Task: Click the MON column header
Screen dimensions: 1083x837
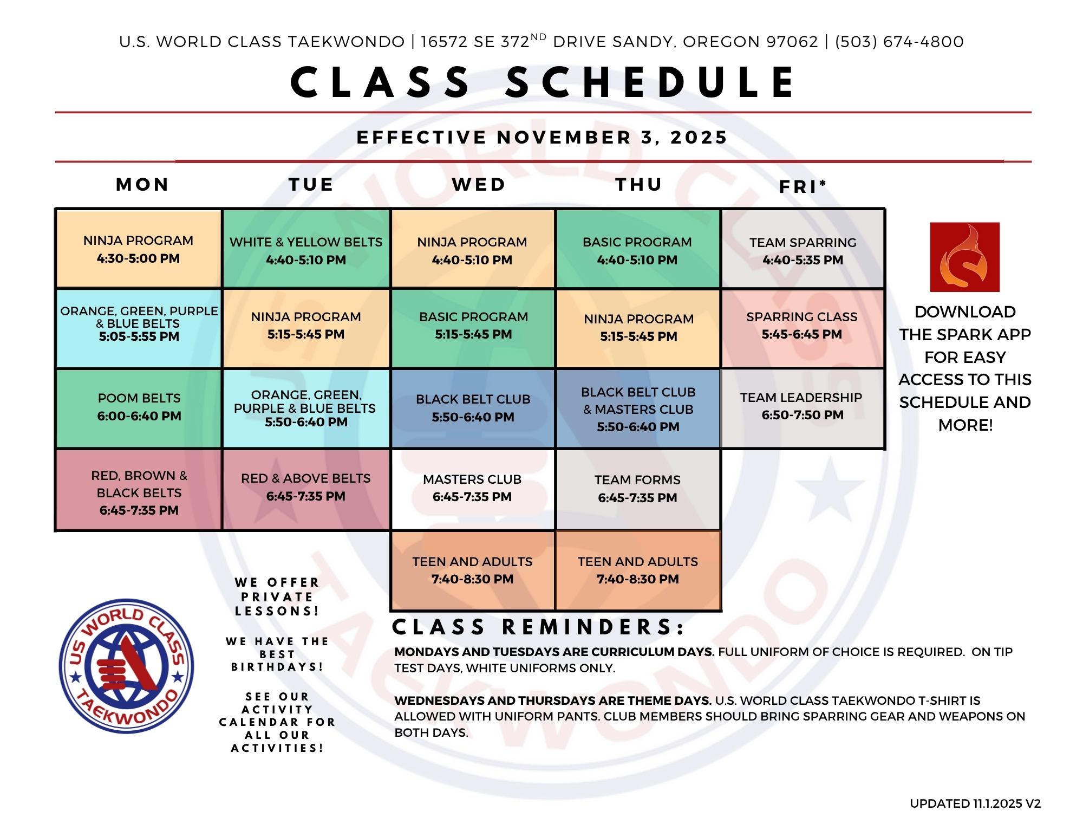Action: click(x=142, y=185)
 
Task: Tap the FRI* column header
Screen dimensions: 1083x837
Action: click(x=803, y=186)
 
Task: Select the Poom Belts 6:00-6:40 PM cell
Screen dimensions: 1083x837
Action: click(x=139, y=408)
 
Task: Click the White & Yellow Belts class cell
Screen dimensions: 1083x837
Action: click(x=306, y=249)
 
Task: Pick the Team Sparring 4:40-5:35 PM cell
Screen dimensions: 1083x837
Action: click(x=803, y=249)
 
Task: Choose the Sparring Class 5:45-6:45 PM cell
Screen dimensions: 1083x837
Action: click(x=802, y=328)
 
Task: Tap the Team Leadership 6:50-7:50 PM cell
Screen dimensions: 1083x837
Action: click(x=802, y=408)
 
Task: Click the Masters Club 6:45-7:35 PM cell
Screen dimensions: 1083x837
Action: click(x=472, y=489)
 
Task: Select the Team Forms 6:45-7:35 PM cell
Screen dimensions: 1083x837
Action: click(x=637, y=489)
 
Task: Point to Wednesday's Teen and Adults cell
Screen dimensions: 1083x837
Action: click(x=472, y=570)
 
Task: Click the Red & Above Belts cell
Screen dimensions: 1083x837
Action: click(x=306, y=489)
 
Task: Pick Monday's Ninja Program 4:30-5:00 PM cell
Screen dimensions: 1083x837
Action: click(x=139, y=249)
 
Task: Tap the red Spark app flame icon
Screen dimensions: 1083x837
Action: click(x=965, y=257)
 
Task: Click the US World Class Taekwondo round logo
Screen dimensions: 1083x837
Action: click(x=126, y=666)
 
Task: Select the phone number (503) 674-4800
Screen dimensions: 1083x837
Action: click(x=899, y=42)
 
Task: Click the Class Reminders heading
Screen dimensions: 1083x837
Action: click(x=538, y=627)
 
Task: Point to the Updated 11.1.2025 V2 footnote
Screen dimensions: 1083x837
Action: click(x=975, y=803)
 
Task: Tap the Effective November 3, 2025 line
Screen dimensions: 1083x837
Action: click(x=542, y=138)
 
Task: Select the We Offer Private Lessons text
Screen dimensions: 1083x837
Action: click(x=277, y=596)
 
